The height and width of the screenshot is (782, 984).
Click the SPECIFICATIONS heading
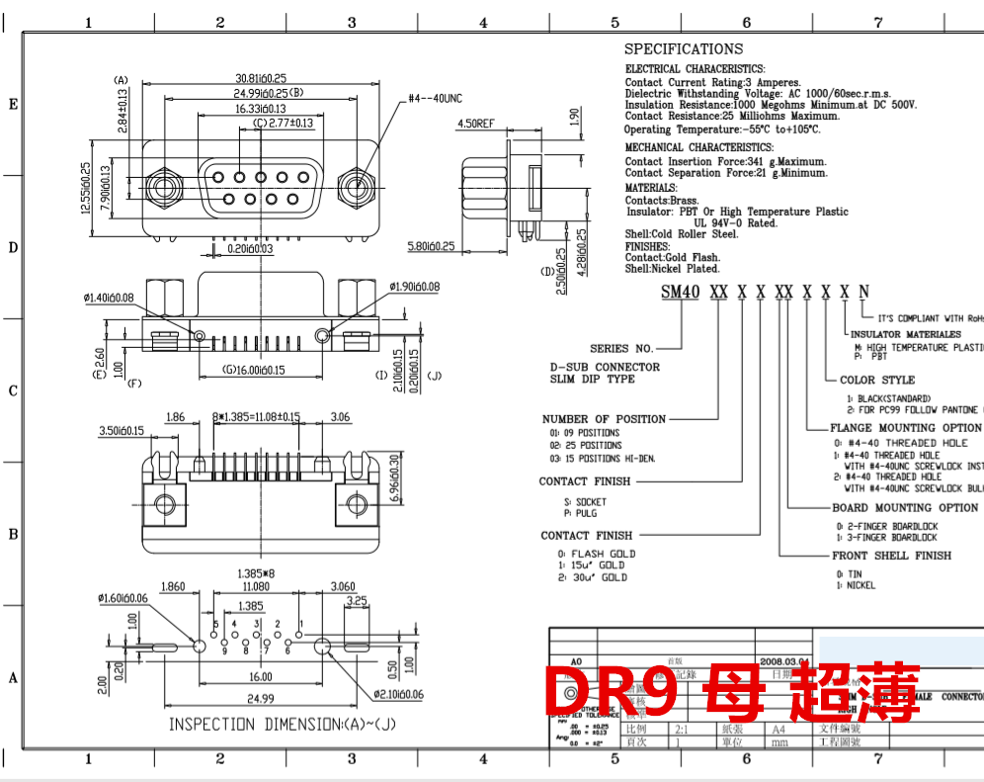pyautogui.click(x=684, y=49)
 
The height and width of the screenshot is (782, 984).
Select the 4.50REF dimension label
pyautogui.click(x=476, y=125)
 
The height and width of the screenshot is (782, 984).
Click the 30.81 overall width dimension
pyautogui.click(x=260, y=78)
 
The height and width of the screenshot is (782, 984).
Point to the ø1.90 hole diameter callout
pyautogui.click(x=414, y=287)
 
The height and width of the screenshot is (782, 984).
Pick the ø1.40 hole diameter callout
pyautogui.click(x=109, y=298)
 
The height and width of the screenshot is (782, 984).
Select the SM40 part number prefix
pyautogui.click(x=680, y=292)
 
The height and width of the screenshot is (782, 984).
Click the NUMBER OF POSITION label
pyautogui.click(x=604, y=419)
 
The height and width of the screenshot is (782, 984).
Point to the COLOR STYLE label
pyautogui.click(x=877, y=380)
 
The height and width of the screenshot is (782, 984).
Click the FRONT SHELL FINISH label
pyautogui.click(x=891, y=556)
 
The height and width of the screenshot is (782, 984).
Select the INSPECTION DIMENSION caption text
pyautogui.click(x=296, y=725)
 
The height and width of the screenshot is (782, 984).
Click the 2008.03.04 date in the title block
pyautogui.click(x=784, y=662)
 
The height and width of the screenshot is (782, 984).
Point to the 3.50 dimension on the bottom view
pyautogui.click(x=123, y=431)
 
